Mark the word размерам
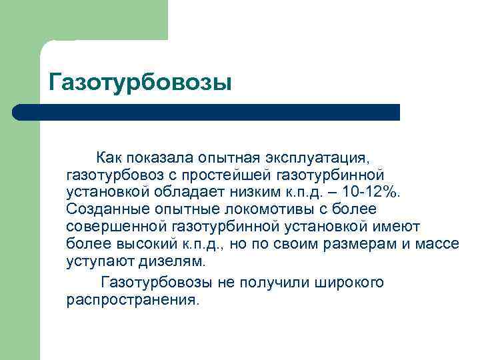click(x=360, y=244)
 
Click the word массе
click(x=437, y=244)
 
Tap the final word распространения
click(x=132, y=300)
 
